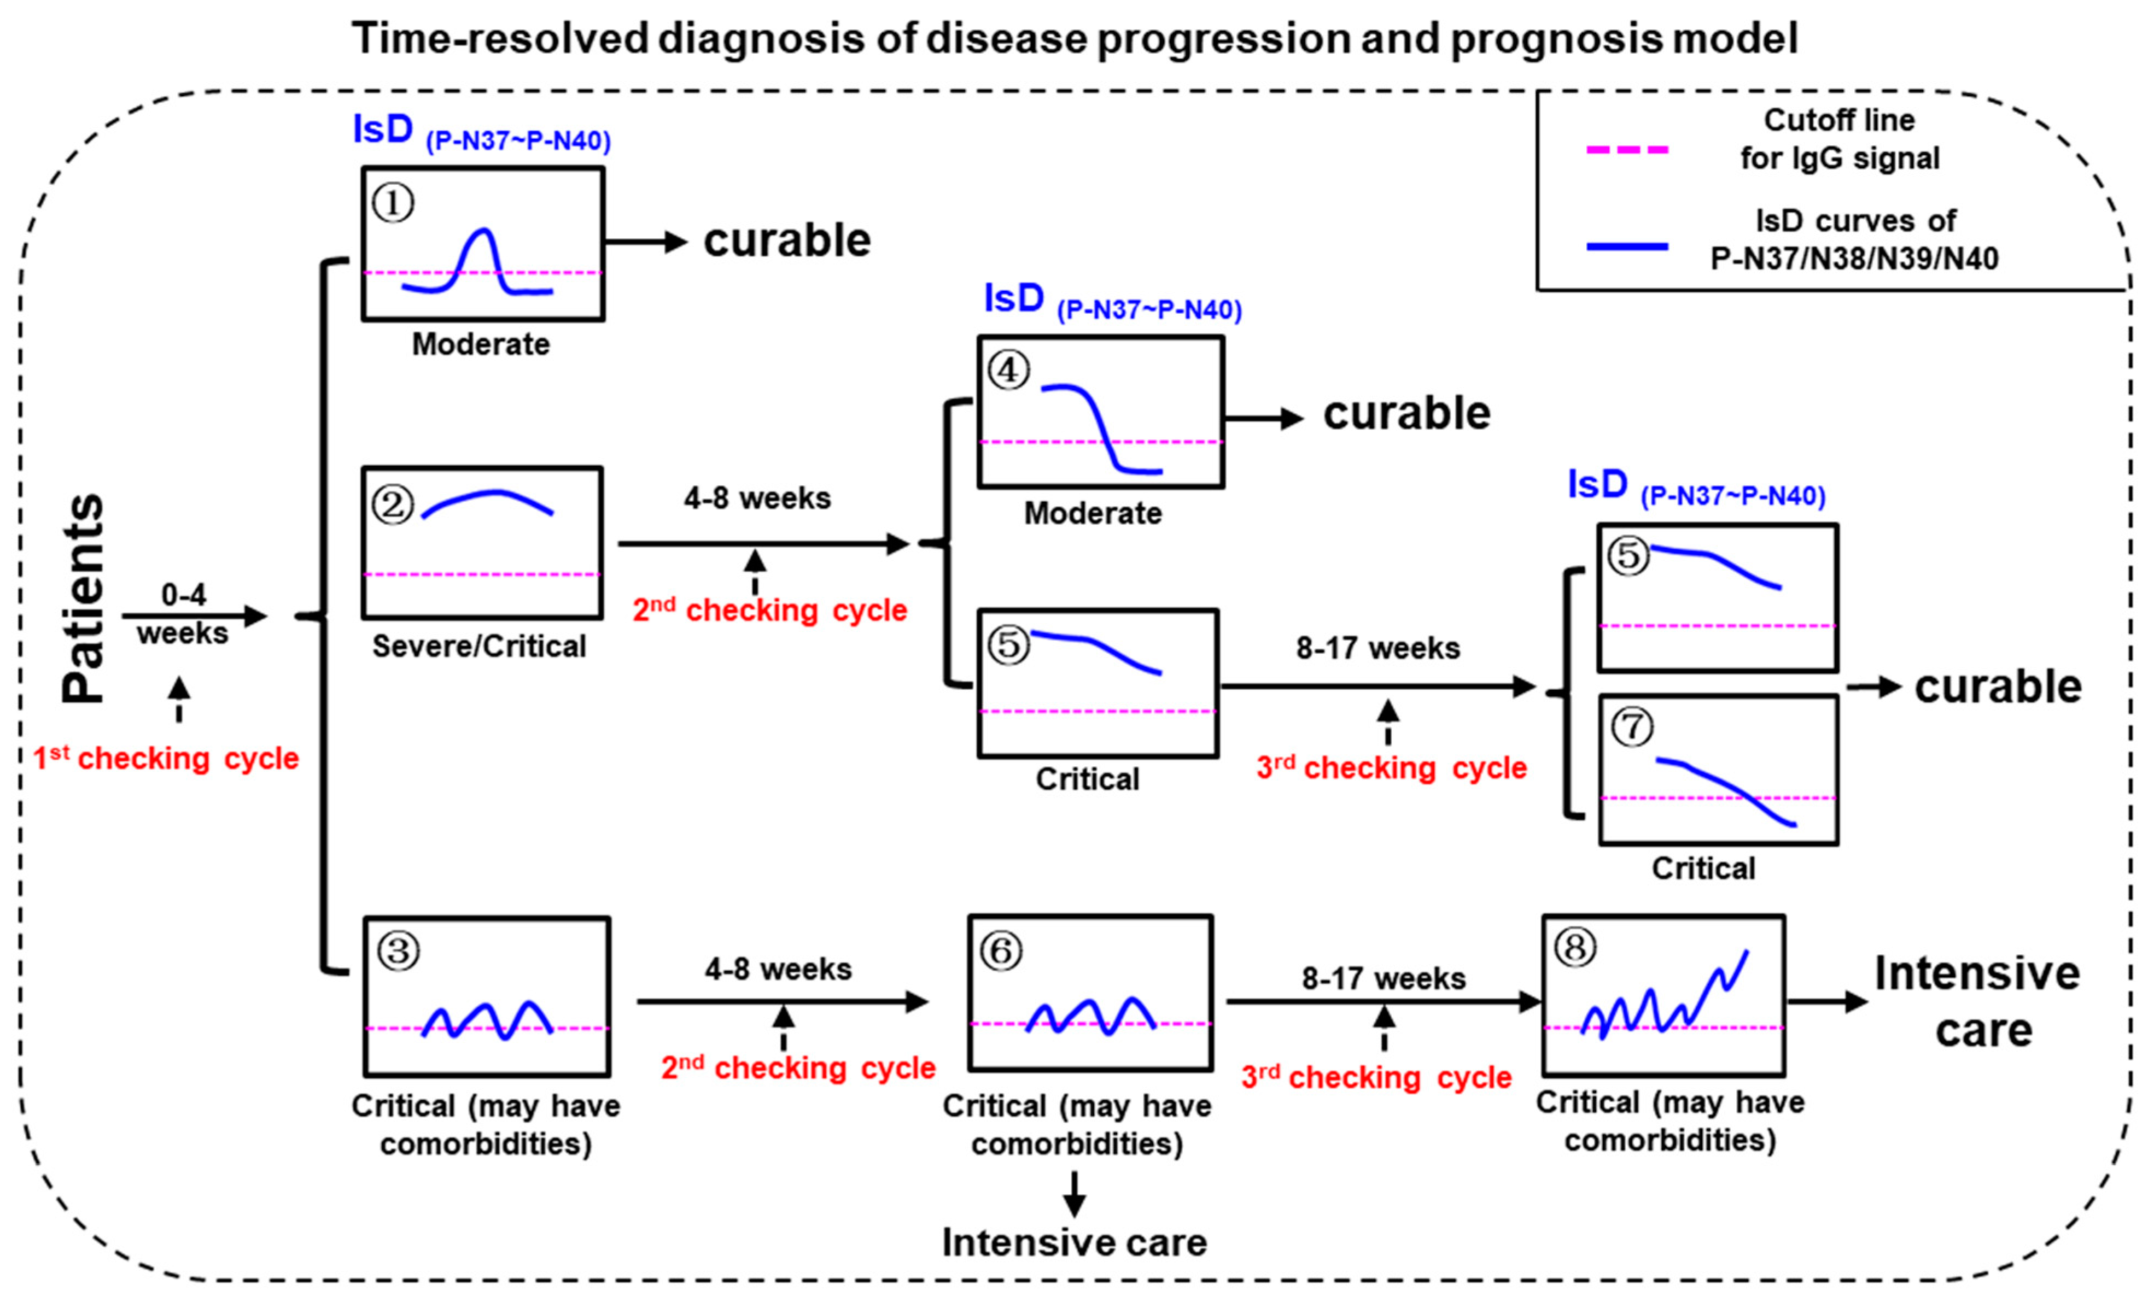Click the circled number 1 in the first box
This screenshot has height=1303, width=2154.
coord(393,204)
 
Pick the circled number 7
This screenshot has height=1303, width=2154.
coord(1631,727)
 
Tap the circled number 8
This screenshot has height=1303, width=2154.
coord(1575,947)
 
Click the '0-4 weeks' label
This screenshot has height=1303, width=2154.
coord(184,613)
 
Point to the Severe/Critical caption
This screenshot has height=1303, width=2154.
coord(479,647)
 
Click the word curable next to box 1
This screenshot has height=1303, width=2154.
coord(787,240)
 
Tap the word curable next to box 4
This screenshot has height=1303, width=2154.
coord(1406,413)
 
